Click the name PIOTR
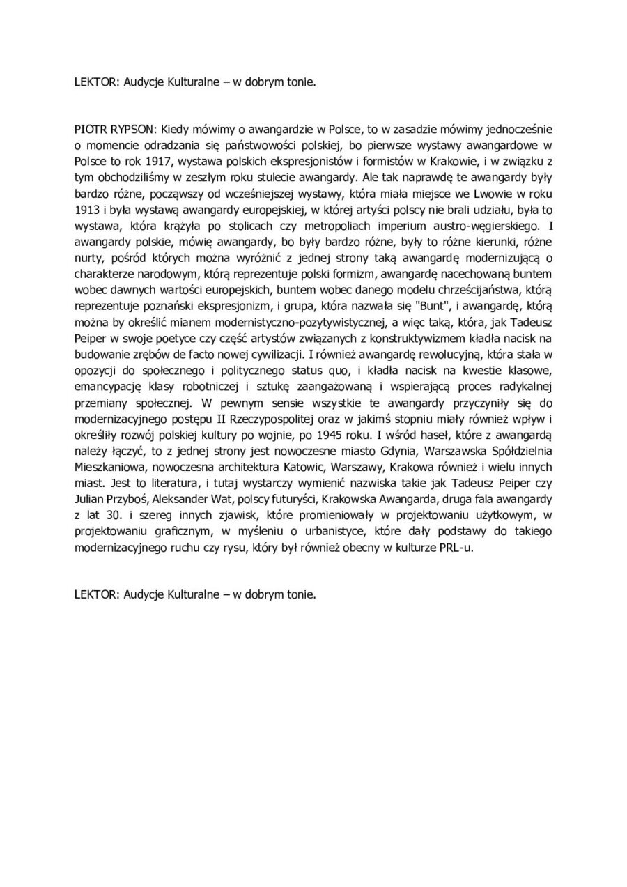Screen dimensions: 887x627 point(90,129)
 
